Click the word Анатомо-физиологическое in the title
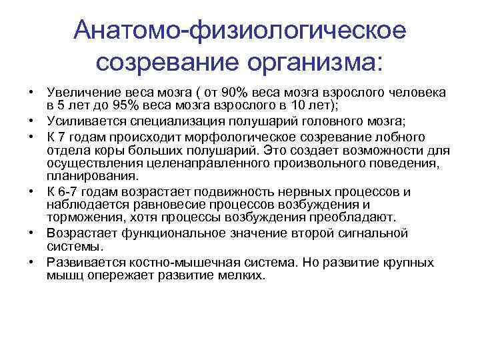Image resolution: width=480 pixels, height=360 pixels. (x=240, y=30)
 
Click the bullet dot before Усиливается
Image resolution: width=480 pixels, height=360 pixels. (x=31, y=121)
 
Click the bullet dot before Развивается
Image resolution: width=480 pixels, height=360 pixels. (x=31, y=262)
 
